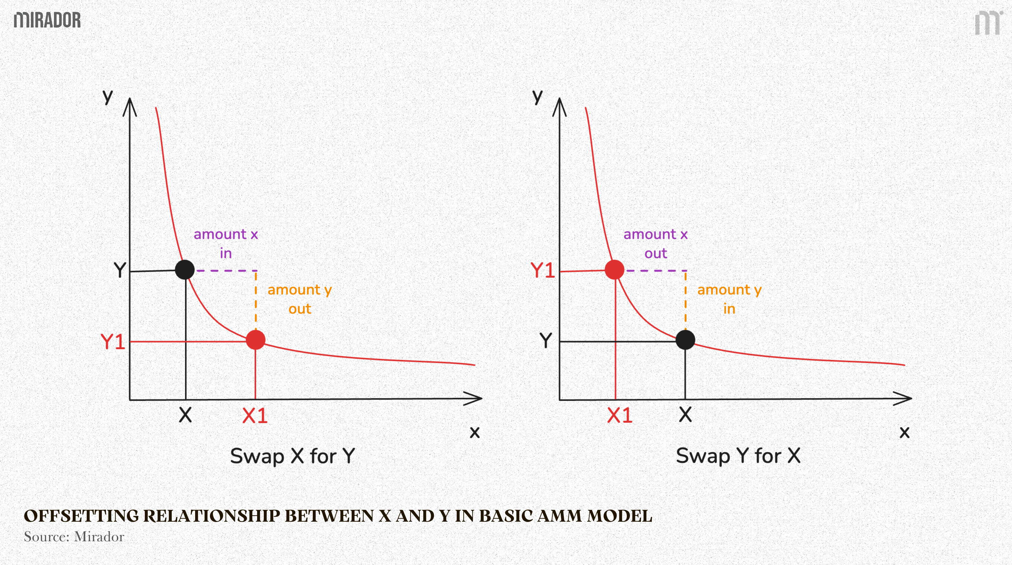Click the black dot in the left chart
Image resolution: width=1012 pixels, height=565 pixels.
click(x=185, y=270)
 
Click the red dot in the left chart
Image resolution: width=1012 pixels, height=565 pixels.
click(x=255, y=340)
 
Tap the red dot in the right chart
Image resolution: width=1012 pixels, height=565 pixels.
click(x=614, y=270)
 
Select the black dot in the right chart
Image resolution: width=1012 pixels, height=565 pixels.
click(x=685, y=340)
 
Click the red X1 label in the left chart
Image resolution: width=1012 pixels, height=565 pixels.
click(x=255, y=415)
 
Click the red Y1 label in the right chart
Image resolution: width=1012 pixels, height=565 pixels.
click(x=543, y=270)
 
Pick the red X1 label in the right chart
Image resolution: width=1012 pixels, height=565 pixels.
click(x=620, y=415)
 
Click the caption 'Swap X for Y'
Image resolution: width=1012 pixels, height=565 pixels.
click(x=292, y=456)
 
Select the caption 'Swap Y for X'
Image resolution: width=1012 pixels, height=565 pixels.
click(x=738, y=456)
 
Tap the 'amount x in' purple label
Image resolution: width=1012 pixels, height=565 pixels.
click(x=225, y=244)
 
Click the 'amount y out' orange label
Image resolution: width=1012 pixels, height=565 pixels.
click(x=300, y=299)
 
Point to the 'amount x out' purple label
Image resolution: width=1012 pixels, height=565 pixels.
click(x=655, y=244)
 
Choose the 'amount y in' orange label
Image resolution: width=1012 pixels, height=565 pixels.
click(x=729, y=299)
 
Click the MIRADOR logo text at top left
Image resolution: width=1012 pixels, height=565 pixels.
click(x=47, y=20)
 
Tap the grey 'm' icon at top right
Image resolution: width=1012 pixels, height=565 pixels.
click(x=988, y=23)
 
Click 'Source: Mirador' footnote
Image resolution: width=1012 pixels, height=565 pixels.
click(x=74, y=537)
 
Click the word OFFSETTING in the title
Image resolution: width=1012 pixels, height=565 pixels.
click(x=81, y=516)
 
